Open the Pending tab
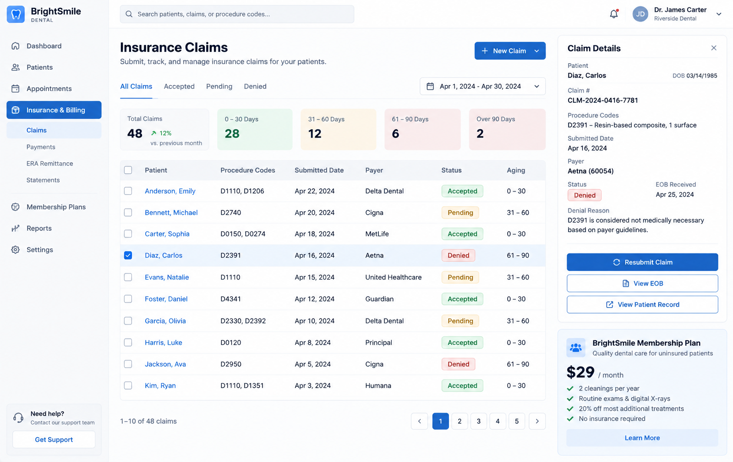[219, 87]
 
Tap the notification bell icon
[614, 14]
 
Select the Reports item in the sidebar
[39, 228]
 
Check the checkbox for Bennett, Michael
[128, 213]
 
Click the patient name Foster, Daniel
[166, 299]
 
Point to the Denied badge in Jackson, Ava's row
[458, 364]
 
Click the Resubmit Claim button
[642, 262]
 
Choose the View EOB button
[642, 283]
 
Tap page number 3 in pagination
[478, 421]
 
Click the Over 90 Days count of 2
[480, 133]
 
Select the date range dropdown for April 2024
[483, 87]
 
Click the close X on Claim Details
[714, 48]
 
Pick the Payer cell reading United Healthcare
[394, 277]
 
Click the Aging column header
[516, 170]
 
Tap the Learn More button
[642, 438]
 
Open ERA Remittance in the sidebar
[50, 163]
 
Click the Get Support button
[54, 440]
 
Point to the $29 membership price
[580, 372]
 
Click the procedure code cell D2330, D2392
[243, 321]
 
